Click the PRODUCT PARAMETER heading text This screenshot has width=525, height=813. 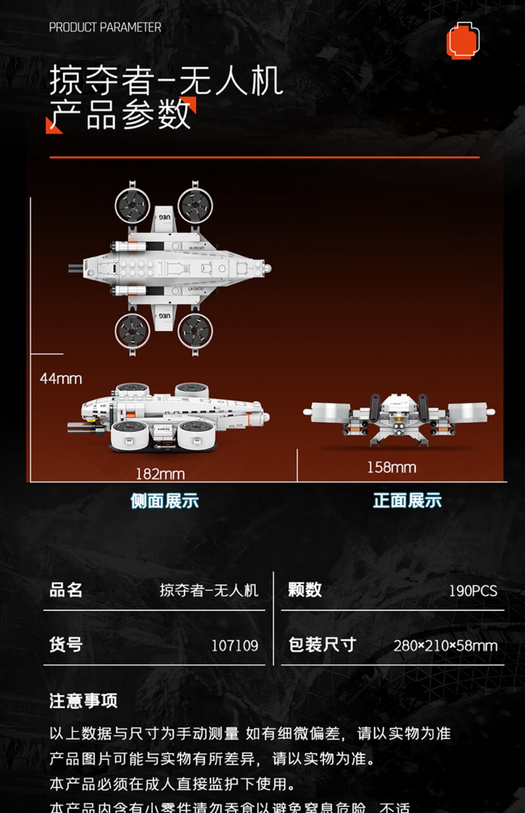(105, 28)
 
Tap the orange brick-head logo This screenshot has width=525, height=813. (463, 40)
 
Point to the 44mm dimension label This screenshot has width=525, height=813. (61, 379)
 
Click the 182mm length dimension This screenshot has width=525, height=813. (160, 474)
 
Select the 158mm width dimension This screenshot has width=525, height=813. (392, 467)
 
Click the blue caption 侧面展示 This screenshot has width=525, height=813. (164, 501)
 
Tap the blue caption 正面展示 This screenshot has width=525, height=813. (407, 501)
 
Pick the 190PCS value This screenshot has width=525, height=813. (473, 591)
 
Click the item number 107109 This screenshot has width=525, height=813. (235, 645)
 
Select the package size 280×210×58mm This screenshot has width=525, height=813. (445, 646)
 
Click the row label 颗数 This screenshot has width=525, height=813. (305, 590)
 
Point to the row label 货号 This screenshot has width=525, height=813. (66, 644)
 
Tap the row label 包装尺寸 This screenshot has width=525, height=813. (322, 645)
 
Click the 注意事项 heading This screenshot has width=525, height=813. (83, 701)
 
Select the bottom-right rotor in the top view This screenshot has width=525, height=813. (195, 331)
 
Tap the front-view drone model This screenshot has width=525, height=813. (399, 419)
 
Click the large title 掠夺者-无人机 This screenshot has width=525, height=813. (166, 80)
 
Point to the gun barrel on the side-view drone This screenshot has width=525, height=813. (80, 428)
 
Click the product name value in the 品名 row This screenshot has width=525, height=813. (209, 590)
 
